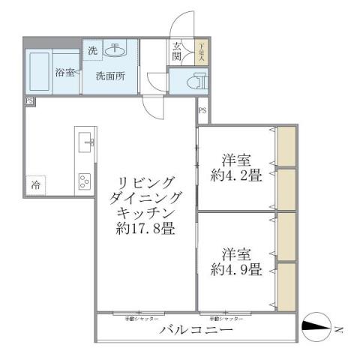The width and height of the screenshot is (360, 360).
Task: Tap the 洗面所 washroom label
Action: click(109, 76)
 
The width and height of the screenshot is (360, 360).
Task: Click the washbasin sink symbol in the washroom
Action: click(116, 51)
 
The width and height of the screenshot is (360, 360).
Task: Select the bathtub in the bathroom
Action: click(39, 72)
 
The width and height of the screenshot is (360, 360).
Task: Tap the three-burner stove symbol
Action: click(85, 180)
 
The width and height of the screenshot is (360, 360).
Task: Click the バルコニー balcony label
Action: click(196, 330)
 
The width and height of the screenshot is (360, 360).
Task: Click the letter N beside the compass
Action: click(339, 328)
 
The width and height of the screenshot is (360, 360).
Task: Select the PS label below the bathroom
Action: click(29, 100)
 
